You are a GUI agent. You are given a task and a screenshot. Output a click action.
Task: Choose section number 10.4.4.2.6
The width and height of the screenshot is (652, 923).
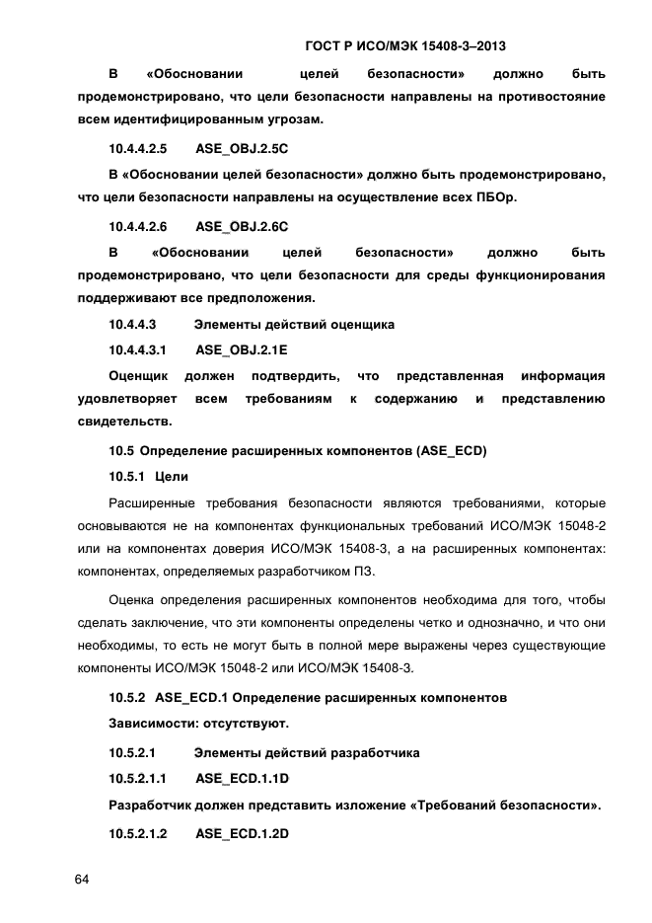pos(138,225)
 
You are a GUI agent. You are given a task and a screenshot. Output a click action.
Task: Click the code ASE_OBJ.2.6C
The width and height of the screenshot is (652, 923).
pos(241,225)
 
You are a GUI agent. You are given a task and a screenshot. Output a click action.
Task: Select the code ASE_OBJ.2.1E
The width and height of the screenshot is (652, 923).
pos(241,349)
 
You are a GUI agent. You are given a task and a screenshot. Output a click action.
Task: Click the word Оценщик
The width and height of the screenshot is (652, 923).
pos(138,375)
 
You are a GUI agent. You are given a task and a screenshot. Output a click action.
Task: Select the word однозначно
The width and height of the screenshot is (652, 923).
pos(513,623)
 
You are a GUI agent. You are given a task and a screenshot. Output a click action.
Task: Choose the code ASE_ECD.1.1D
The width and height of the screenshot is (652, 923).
pos(241,780)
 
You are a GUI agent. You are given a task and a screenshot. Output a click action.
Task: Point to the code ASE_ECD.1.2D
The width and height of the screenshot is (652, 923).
pos(241,833)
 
